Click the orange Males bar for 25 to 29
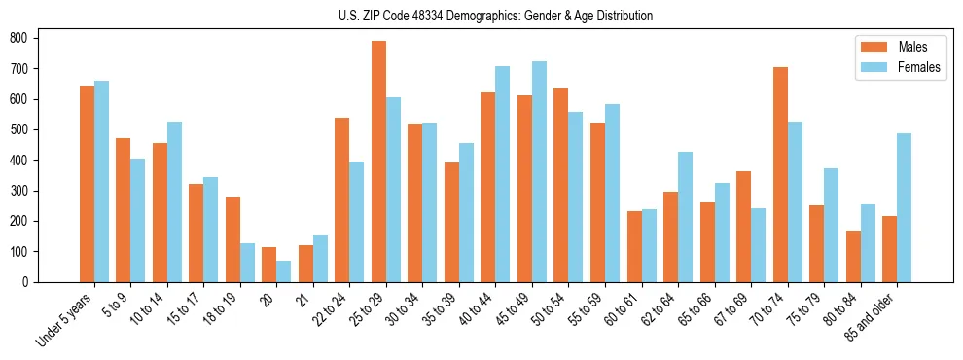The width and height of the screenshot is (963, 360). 378,162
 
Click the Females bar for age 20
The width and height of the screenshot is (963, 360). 283,271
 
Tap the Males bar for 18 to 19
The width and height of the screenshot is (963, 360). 232,239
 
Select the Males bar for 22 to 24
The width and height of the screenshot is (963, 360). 341,199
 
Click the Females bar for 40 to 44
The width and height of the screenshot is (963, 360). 502,174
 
